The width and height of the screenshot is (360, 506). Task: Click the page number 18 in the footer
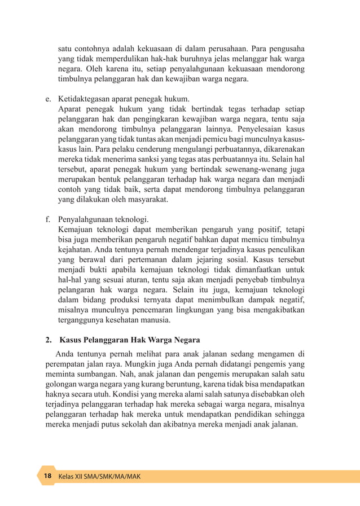(x=47, y=476)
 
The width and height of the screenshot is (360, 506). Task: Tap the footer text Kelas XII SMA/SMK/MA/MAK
(x=99, y=477)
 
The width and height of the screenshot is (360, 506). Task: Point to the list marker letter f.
(x=48, y=219)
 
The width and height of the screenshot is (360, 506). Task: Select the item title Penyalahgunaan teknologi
(x=103, y=219)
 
